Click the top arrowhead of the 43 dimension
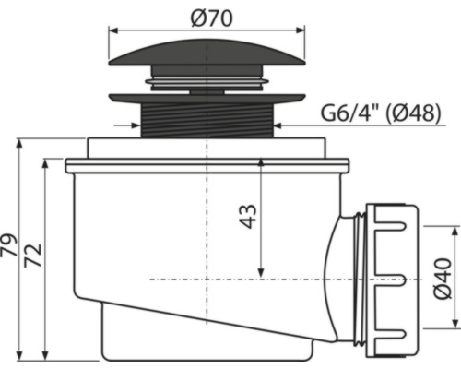click(x=262, y=162)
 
